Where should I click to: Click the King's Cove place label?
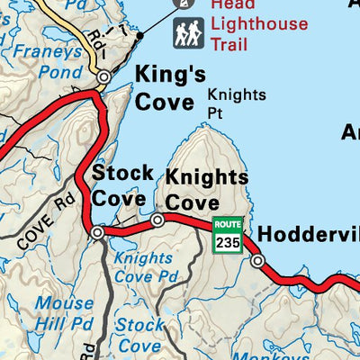point(170,86)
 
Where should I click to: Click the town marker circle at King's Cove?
point(103,77)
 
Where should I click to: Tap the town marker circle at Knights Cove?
point(157,220)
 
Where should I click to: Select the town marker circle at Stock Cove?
point(97,232)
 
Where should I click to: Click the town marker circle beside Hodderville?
point(258,261)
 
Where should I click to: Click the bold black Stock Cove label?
point(121,184)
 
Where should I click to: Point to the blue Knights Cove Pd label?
point(145,266)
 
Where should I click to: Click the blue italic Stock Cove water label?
point(140,334)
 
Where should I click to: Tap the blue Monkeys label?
point(291,355)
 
